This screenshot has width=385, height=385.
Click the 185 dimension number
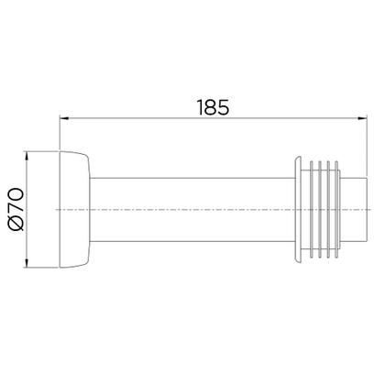pos(214,107)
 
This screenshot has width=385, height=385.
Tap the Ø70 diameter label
pos(16,209)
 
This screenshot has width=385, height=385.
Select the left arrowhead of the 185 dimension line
pos(64,118)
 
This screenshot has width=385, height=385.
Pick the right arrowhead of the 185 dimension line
pos(363,118)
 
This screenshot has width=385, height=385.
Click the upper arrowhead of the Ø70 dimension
pos(27,156)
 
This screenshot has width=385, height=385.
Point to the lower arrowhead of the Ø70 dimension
pos(27,263)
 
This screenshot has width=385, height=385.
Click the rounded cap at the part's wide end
pos(74,209)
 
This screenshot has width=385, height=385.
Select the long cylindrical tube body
pos(192,210)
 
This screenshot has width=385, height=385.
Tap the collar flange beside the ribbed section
pos(298,210)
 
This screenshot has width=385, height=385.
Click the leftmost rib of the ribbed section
pos(312,210)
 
